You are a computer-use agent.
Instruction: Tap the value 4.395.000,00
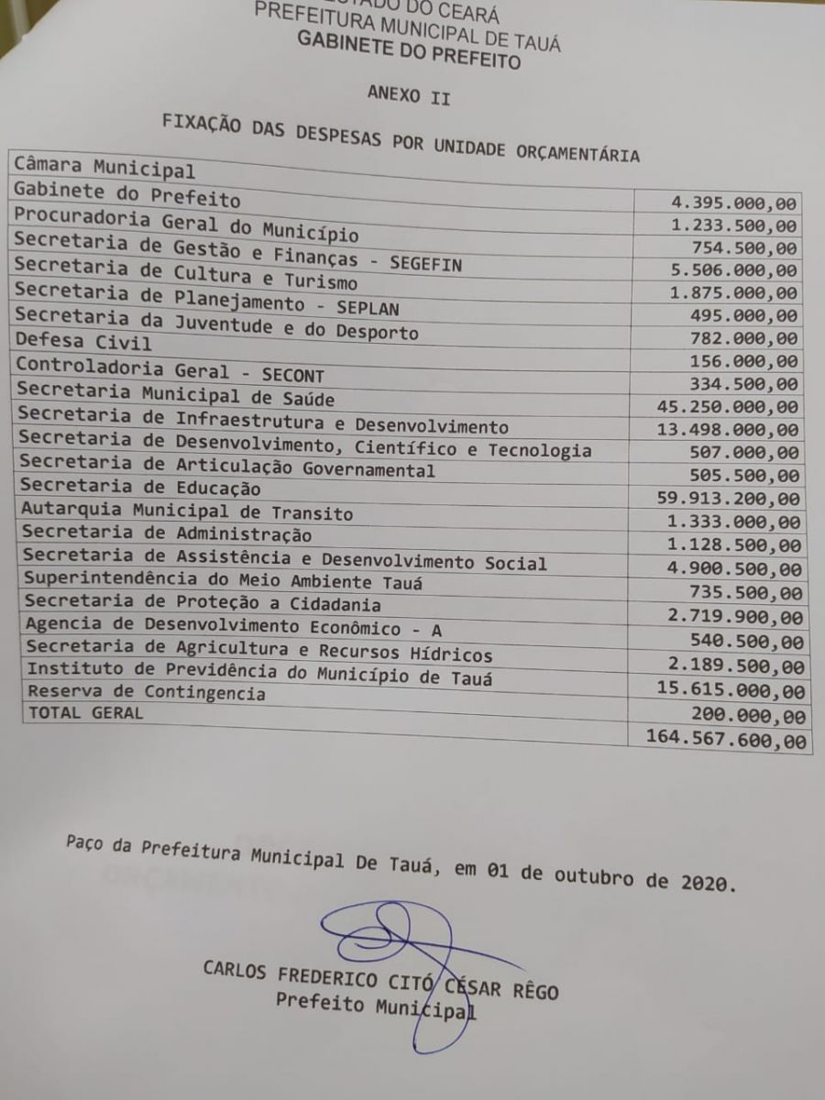[x=733, y=203]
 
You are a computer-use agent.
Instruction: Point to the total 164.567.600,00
[x=726, y=739]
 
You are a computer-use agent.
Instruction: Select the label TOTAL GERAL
[x=85, y=711]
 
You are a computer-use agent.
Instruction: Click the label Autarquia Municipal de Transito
[x=187, y=511]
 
